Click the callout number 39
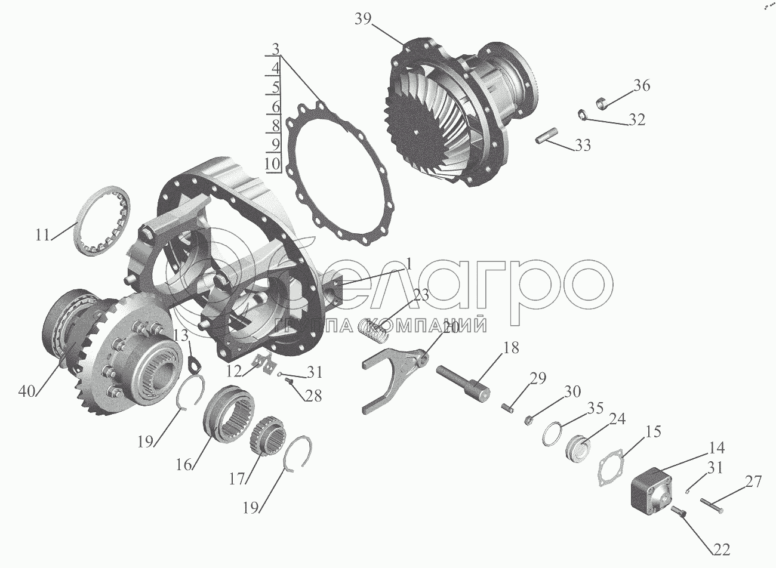(x=363, y=20)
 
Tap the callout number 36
(x=642, y=85)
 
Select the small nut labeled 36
(x=602, y=103)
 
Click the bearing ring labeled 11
(x=79, y=225)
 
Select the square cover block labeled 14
(x=651, y=491)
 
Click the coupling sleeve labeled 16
(x=228, y=413)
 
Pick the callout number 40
(x=27, y=392)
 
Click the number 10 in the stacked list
(x=272, y=163)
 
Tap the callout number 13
(x=181, y=335)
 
